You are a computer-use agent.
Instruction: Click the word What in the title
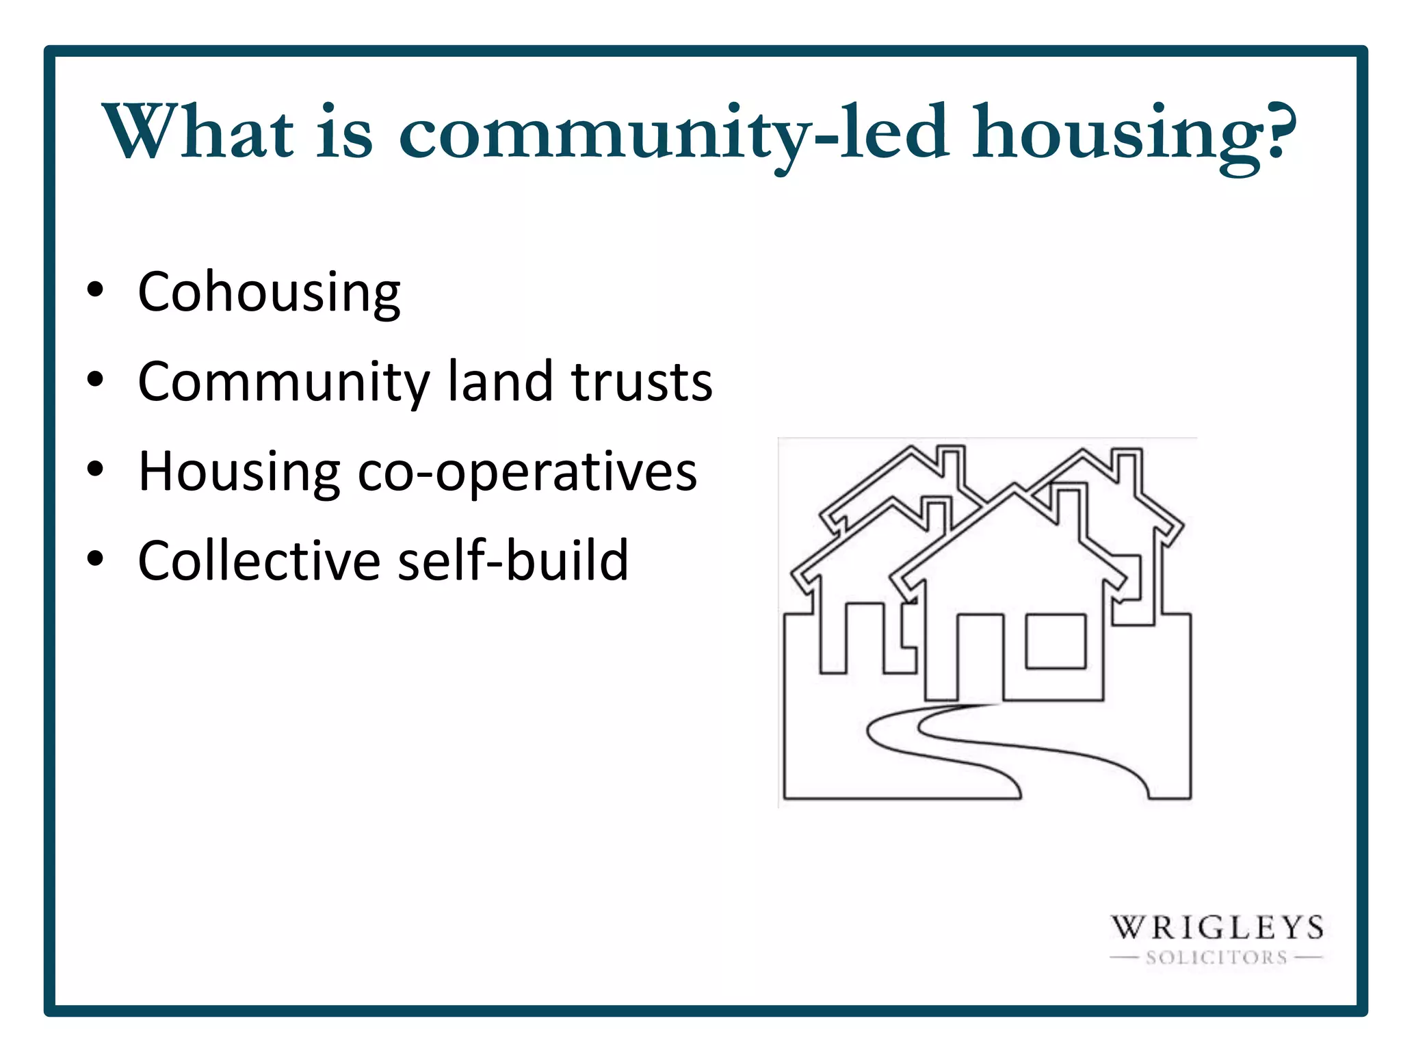click(198, 131)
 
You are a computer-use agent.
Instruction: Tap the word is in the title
click(345, 131)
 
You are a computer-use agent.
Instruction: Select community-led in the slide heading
click(673, 133)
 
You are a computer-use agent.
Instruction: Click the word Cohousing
click(269, 292)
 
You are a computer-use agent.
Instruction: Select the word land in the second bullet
click(500, 381)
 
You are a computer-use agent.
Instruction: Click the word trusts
click(642, 382)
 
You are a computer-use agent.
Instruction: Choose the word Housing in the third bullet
click(239, 472)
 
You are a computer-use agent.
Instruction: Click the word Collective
click(259, 560)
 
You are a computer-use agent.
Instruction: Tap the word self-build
click(512, 560)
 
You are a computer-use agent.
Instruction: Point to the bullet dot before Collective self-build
click(95, 558)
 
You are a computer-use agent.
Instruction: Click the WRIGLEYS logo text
click(1216, 929)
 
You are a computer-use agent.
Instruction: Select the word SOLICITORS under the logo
click(1216, 958)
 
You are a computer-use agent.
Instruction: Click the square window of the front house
click(1056, 641)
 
